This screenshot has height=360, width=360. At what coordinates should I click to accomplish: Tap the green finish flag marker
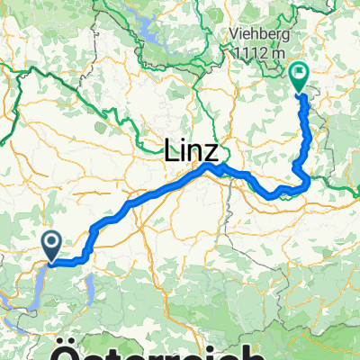click(300, 77)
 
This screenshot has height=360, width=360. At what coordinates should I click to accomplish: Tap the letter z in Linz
click(218, 150)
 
